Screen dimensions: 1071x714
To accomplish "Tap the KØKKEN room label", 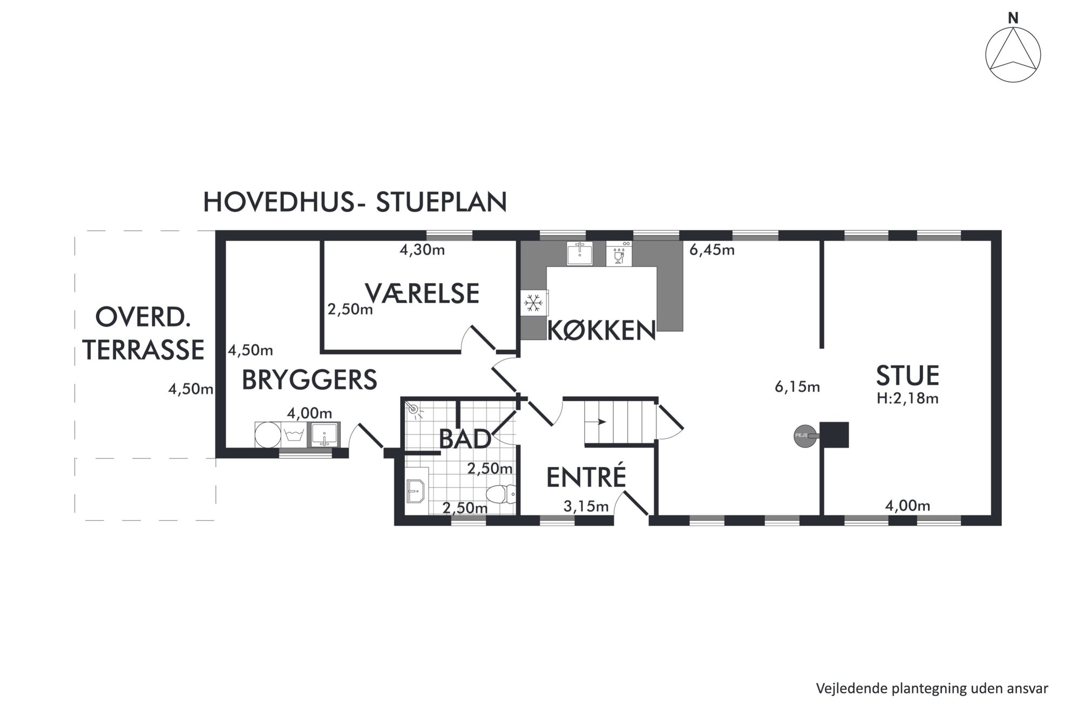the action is (x=601, y=330).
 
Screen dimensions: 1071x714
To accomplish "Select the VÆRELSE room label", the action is (x=422, y=293).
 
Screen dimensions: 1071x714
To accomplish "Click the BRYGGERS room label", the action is (x=309, y=380).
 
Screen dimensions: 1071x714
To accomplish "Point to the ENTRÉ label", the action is (x=586, y=477).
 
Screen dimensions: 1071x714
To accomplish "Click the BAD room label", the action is (x=465, y=439).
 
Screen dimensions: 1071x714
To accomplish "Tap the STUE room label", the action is (x=907, y=376).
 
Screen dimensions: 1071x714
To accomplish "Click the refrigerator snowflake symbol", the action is (x=534, y=303).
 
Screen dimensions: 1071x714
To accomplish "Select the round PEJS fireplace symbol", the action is (x=805, y=436).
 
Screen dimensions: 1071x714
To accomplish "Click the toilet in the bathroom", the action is (x=501, y=494).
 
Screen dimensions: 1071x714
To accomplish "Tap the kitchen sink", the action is (x=580, y=253).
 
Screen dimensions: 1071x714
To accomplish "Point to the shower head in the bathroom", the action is (x=414, y=410).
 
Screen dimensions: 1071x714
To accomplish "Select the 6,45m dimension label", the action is (x=712, y=250).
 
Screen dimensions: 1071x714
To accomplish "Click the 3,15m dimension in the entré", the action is (x=586, y=506).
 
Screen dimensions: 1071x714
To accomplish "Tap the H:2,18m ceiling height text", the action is (x=907, y=399).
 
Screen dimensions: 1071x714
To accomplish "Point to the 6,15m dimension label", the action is (x=797, y=387).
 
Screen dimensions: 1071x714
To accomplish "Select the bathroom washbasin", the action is (x=416, y=491).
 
